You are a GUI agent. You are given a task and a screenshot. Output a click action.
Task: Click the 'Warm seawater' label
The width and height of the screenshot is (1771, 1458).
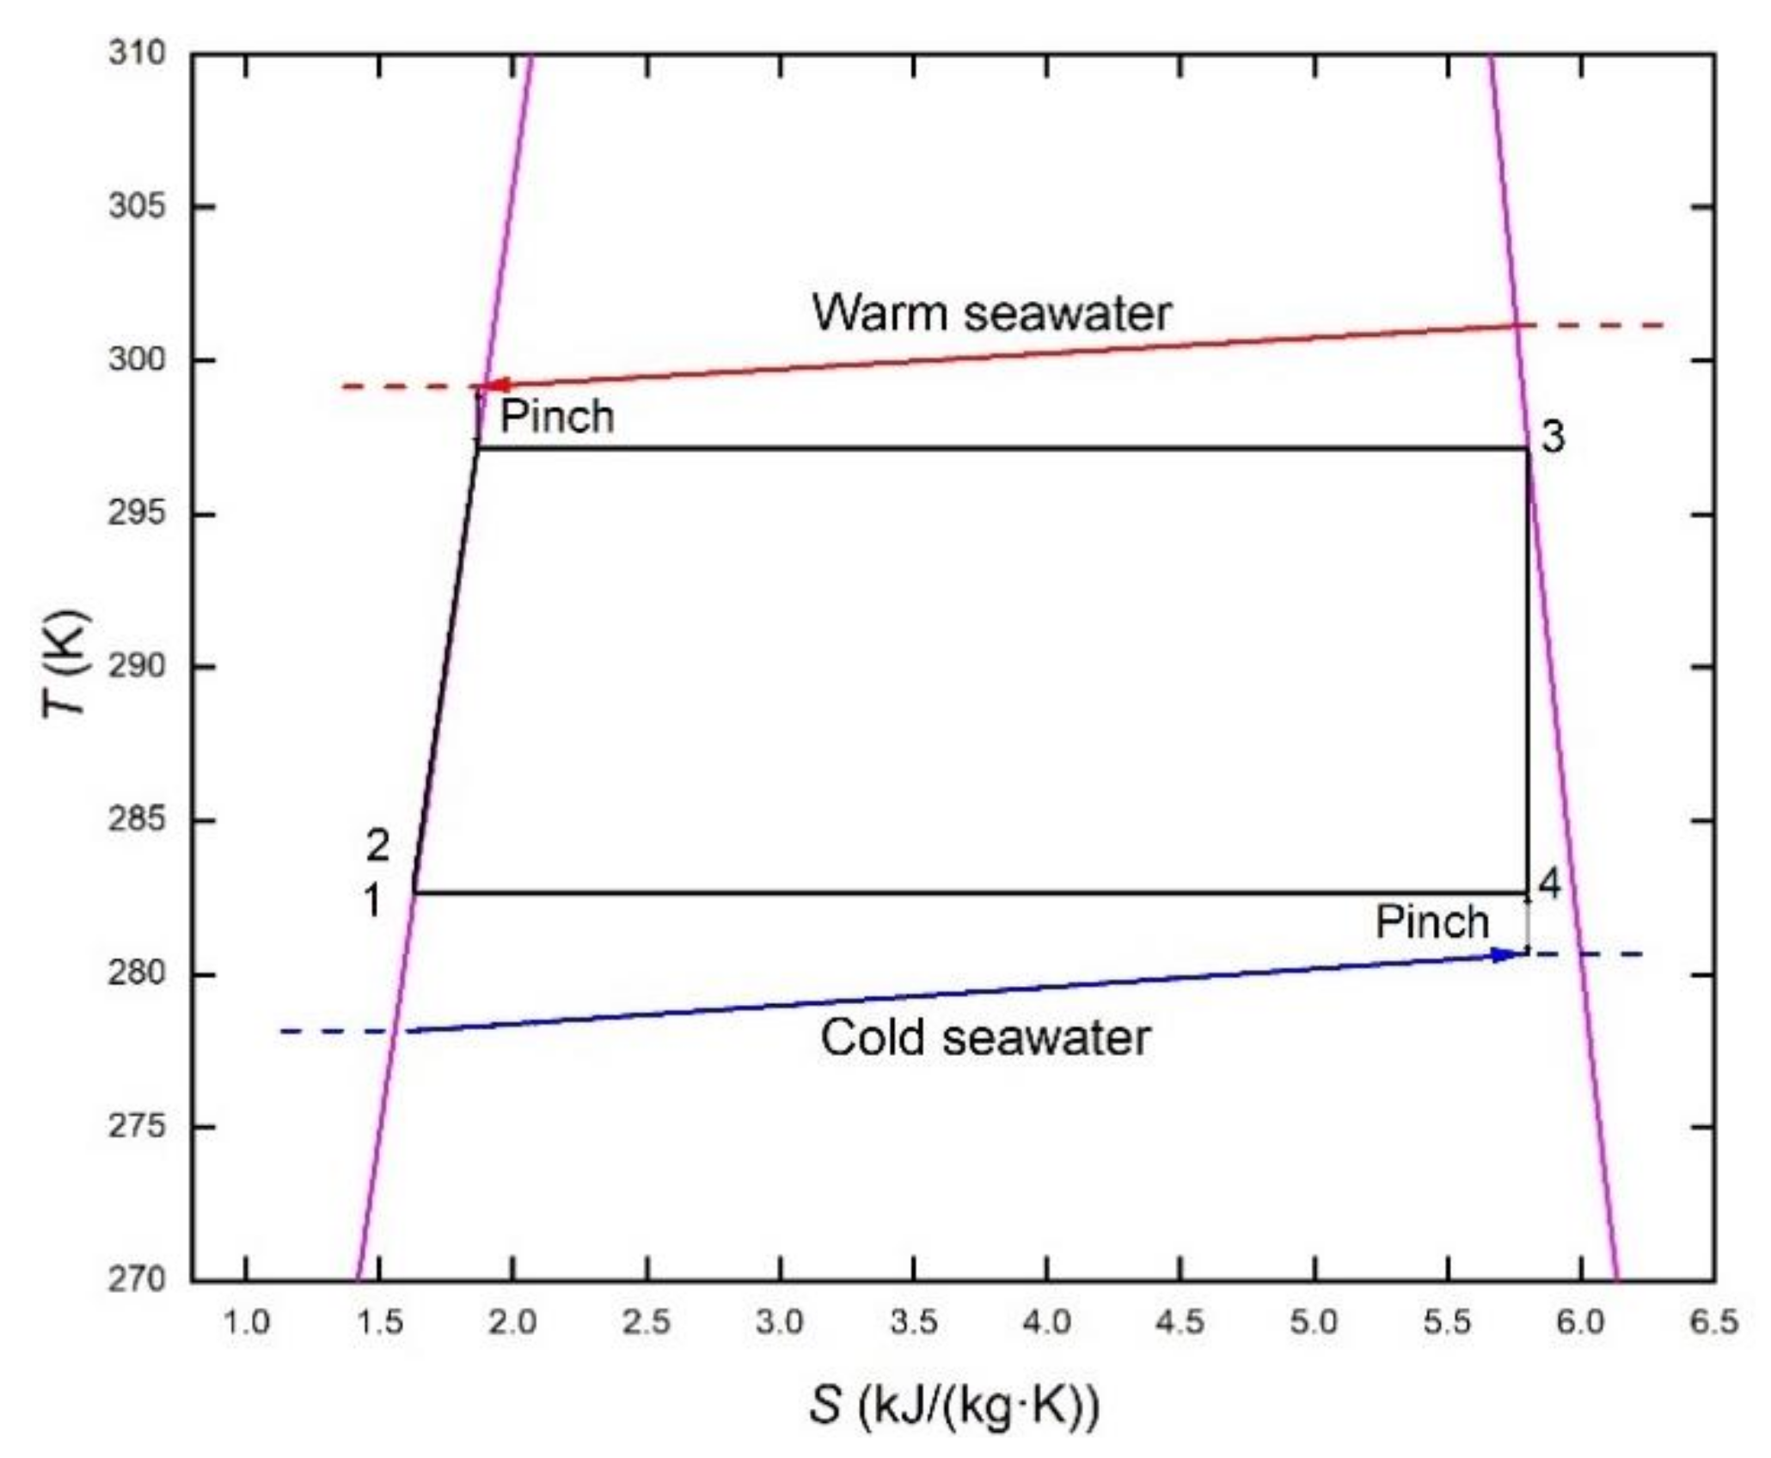click(990, 313)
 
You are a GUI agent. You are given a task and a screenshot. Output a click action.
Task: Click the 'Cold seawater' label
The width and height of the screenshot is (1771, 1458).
click(984, 1037)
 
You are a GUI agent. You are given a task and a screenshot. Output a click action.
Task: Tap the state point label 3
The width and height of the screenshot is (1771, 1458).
click(1553, 437)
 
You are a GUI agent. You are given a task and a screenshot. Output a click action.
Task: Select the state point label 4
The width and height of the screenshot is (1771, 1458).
click(1549, 883)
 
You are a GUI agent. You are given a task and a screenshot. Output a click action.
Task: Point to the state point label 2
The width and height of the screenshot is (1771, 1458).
click(377, 847)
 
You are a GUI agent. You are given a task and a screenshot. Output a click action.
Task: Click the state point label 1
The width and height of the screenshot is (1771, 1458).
click(372, 902)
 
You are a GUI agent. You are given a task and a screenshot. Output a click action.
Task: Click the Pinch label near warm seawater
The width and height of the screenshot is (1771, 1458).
click(557, 417)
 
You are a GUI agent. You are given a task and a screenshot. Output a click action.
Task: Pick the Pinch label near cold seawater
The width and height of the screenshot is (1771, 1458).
click(1431, 922)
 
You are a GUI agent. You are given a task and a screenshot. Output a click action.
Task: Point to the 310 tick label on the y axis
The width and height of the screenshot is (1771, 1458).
click(135, 54)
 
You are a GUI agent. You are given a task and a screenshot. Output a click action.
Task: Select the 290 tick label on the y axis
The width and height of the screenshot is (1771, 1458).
click(135, 666)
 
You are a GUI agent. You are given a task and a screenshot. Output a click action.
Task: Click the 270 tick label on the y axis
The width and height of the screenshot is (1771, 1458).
click(135, 1279)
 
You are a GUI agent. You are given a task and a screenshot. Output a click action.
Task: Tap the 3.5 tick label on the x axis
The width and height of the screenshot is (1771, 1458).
click(913, 1321)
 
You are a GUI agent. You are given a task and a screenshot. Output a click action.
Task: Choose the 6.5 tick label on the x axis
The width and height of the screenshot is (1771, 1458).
click(1713, 1321)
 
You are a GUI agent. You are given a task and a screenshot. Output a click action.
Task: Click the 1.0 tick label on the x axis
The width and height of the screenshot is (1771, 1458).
click(247, 1321)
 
